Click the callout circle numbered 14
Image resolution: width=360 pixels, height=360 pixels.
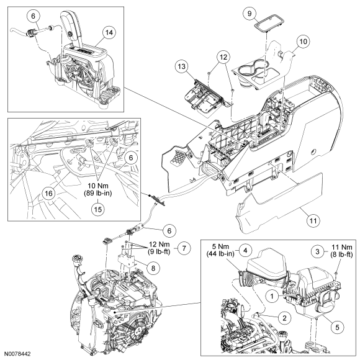click(109, 33)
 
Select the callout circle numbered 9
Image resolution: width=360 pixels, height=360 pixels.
click(250, 14)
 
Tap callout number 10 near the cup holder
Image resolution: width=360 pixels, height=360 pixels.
click(303, 42)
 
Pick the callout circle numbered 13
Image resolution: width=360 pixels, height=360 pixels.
click(182, 66)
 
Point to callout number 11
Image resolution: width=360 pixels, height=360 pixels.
click(313, 220)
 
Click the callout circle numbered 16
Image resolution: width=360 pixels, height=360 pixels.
click(48, 193)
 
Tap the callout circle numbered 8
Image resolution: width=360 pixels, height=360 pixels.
click(153, 268)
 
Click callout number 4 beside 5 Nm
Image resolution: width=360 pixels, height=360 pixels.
click(245, 250)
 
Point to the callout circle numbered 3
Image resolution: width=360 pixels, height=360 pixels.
click(318, 251)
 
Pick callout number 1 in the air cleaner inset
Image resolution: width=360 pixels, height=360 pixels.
click(272, 296)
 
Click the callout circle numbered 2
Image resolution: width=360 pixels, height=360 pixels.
click(285, 318)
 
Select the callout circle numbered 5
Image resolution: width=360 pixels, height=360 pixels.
click(337, 327)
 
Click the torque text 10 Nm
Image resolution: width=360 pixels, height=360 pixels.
click(98, 186)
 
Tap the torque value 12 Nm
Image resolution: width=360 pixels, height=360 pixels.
click(159, 244)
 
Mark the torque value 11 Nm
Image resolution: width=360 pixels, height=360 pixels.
click(341, 247)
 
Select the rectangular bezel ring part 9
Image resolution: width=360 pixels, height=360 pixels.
click(268, 24)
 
